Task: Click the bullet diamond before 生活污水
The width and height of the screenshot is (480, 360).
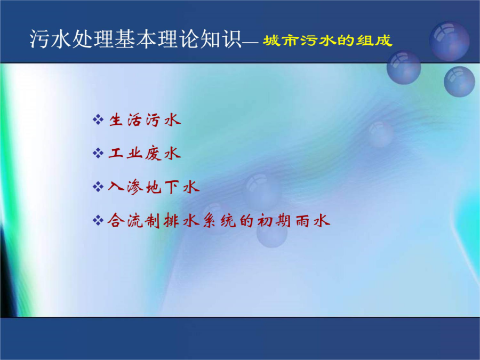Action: click(98, 119)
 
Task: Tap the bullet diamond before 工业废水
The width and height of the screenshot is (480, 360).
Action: click(98, 153)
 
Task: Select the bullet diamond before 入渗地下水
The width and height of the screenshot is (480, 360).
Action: click(98, 187)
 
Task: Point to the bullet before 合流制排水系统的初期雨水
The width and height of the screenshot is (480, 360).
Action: click(98, 220)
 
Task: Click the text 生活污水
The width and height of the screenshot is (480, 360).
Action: click(145, 119)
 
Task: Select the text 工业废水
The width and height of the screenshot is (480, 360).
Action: click(145, 153)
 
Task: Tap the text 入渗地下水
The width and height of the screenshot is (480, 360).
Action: click(154, 187)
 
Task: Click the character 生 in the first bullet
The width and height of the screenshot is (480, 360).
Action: click(116, 119)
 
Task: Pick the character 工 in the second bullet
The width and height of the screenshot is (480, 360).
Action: click(116, 153)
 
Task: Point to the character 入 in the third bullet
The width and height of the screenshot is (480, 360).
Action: click(116, 187)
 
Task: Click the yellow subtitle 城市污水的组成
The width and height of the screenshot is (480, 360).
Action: click(327, 41)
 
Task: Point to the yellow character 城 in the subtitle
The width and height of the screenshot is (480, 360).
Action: click(270, 41)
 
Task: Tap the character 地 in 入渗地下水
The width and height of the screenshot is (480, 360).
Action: click(154, 187)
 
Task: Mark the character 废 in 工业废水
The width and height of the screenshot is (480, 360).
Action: click(154, 153)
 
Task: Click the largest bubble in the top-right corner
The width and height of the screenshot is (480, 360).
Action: click(450, 41)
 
